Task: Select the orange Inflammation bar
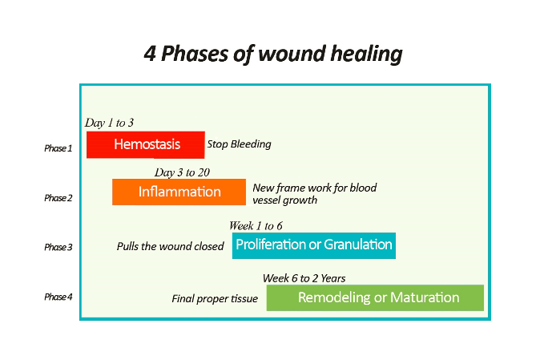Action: pos(179,192)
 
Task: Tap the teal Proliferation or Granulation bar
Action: pos(313,245)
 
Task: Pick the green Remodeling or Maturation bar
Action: pos(375,297)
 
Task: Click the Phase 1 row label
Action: pos(58,148)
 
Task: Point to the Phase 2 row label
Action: pos(58,198)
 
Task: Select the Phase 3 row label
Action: pos(58,248)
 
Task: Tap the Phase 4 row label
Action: pos(58,297)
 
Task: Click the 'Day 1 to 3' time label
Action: pos(109,123)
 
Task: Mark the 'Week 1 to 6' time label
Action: pos(256,225)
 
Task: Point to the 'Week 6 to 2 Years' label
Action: pos(304,278)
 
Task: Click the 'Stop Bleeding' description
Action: pos(239,145)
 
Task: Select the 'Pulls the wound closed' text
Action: pos(170,247)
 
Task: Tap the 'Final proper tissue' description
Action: pos(215,299)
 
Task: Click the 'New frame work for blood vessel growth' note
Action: pos(314,194)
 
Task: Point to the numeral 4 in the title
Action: pos(149,54)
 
